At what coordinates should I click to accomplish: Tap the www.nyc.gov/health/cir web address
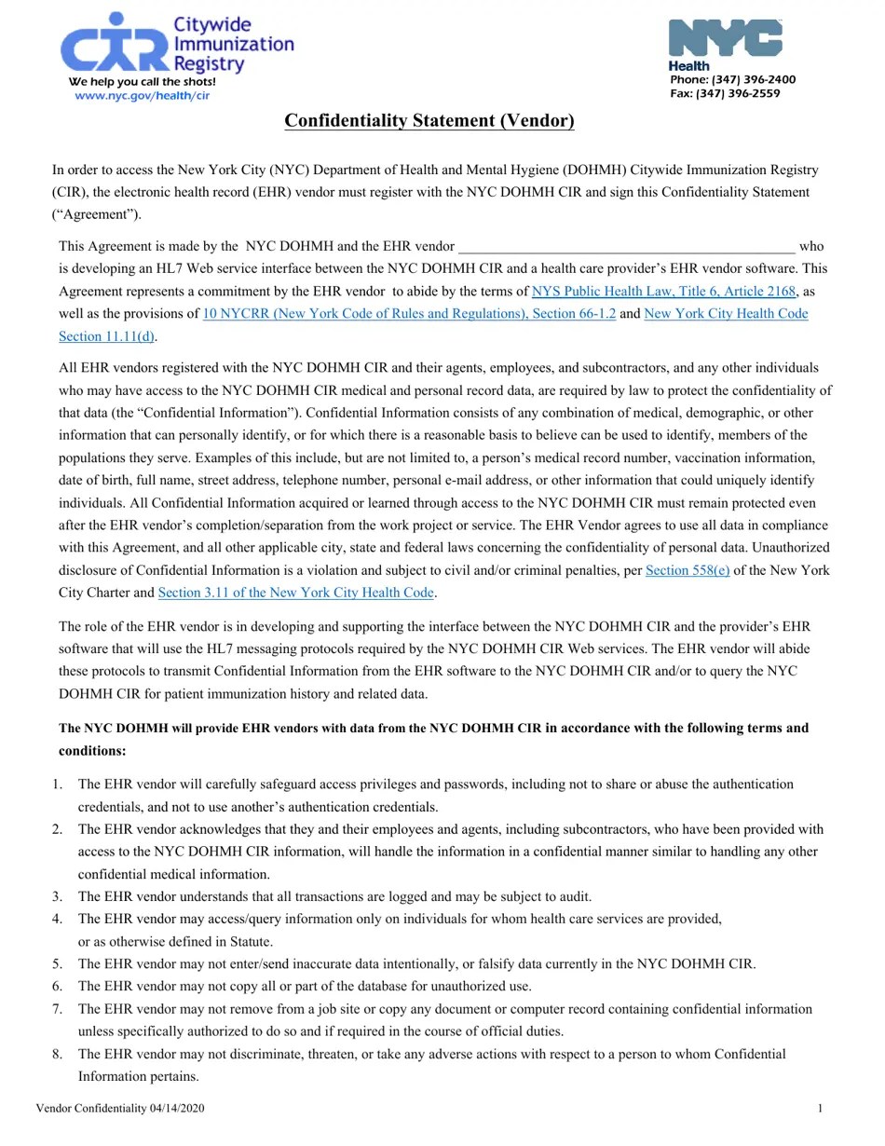click(142, 96)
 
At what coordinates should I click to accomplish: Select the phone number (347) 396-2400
click(732, 80)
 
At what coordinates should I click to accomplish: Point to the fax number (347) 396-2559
click(725, 94)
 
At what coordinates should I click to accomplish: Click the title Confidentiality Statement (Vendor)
click(429, 121)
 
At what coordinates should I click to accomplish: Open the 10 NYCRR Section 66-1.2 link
click(409, 314)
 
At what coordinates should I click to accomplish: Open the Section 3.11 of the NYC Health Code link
click(295, 593)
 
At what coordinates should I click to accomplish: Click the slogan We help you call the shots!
click(142, 82)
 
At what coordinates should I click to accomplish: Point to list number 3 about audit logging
click(58, 896)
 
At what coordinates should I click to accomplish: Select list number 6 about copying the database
click(58, 986)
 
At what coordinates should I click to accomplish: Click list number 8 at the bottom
click(58, 1054)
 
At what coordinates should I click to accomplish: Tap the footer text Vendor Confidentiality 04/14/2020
click(120, 1108)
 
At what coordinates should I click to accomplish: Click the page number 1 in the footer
click(820, 1108)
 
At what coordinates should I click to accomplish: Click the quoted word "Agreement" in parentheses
click(96, 214)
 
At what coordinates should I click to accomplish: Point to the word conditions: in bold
click(92, 751)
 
